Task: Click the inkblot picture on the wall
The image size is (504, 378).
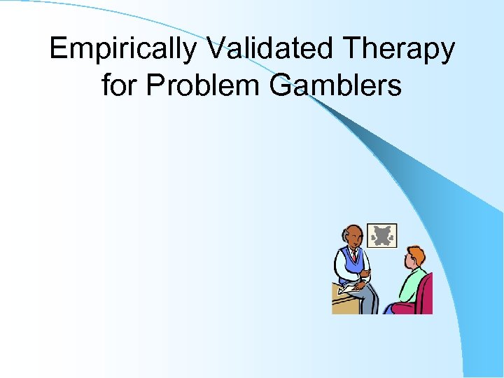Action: pos(381,236)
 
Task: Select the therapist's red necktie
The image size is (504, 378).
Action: pos(355,259)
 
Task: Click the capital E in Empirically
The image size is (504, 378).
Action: pos(58,50)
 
